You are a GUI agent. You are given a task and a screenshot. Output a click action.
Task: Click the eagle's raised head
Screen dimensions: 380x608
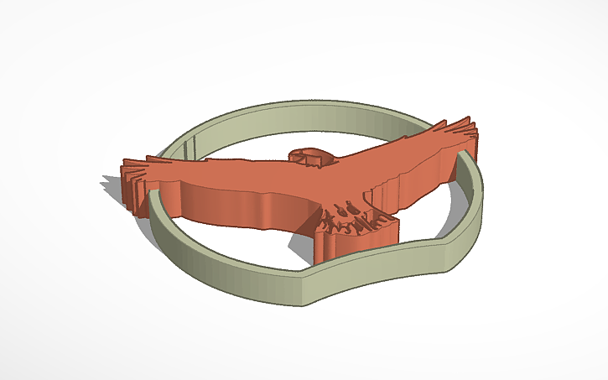click(309, 156)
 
